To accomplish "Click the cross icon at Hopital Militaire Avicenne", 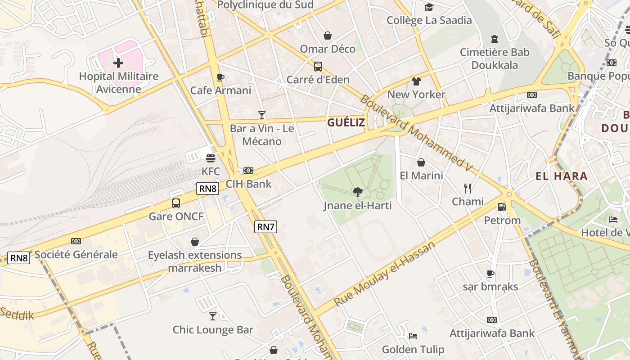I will point(118,63).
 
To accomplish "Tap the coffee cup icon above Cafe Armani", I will point(220,77).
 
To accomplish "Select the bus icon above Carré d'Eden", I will point(318,67).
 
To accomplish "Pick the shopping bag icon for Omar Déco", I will point(328,36).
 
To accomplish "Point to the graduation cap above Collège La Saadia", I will point(429,7).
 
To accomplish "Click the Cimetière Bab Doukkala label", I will point(495,58).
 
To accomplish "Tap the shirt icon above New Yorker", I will point(416,81).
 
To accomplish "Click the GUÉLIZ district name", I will point(346,122).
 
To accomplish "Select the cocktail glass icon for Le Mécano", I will point(261,115).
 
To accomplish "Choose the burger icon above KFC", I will point(211,158).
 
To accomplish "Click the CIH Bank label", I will point(248,184).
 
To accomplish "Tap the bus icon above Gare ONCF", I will point(176,203).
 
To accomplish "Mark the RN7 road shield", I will point(265,227).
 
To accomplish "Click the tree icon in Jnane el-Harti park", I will point(358,193).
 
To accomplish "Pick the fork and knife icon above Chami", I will point(468,188).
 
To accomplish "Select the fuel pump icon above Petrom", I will point(502,207).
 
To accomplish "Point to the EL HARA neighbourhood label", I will point(562,176).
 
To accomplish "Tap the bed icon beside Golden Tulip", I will point(413,336).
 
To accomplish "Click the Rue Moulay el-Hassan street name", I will point(385,274).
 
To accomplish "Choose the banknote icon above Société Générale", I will point(76,242).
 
